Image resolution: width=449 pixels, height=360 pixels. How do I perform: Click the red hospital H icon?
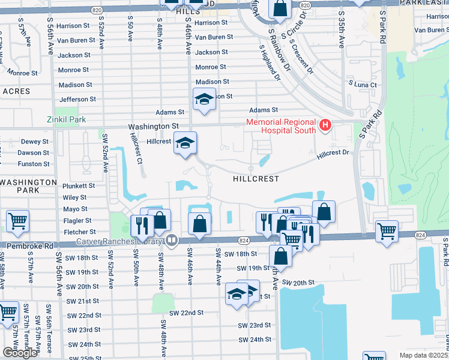click(325, 125)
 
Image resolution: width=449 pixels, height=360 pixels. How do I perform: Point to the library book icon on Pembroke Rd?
click(172, 241)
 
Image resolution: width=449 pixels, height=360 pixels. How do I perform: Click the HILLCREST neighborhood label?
click(256, 179)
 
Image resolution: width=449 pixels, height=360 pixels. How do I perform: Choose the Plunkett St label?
click(79, 186)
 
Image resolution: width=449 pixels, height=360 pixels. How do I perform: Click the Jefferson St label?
click(77, 99)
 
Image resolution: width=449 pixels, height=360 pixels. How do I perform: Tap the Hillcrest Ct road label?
click(136, 149)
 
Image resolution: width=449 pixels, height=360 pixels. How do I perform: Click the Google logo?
click(20, 353)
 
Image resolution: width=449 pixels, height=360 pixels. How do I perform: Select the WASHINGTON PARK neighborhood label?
click(29, 186)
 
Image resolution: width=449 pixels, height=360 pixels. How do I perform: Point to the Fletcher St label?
click(79, 232)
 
